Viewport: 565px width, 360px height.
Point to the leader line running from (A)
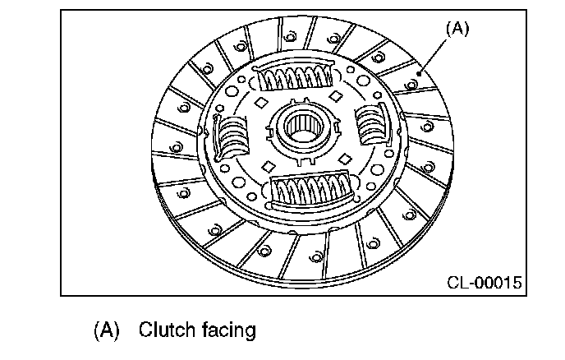[x=435, y=54]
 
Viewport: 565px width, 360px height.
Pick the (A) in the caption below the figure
[x=107, y=330]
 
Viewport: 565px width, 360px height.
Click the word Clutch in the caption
[x=165, y=330]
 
